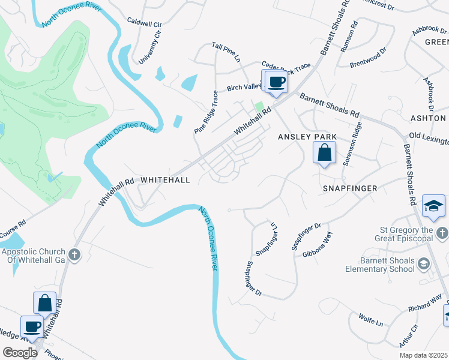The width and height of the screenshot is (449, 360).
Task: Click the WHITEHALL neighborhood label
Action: (x=165, y=180)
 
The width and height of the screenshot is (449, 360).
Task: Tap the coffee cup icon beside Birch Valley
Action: (x=276, y=82)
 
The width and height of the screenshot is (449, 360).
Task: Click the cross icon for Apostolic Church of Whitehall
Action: (x=74, y=255)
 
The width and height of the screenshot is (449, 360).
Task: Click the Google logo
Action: (x=20, y=353)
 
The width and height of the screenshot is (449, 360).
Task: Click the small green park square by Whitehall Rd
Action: (x=259, y=107)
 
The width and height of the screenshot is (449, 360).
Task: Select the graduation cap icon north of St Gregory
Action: (x=433, y=206)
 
